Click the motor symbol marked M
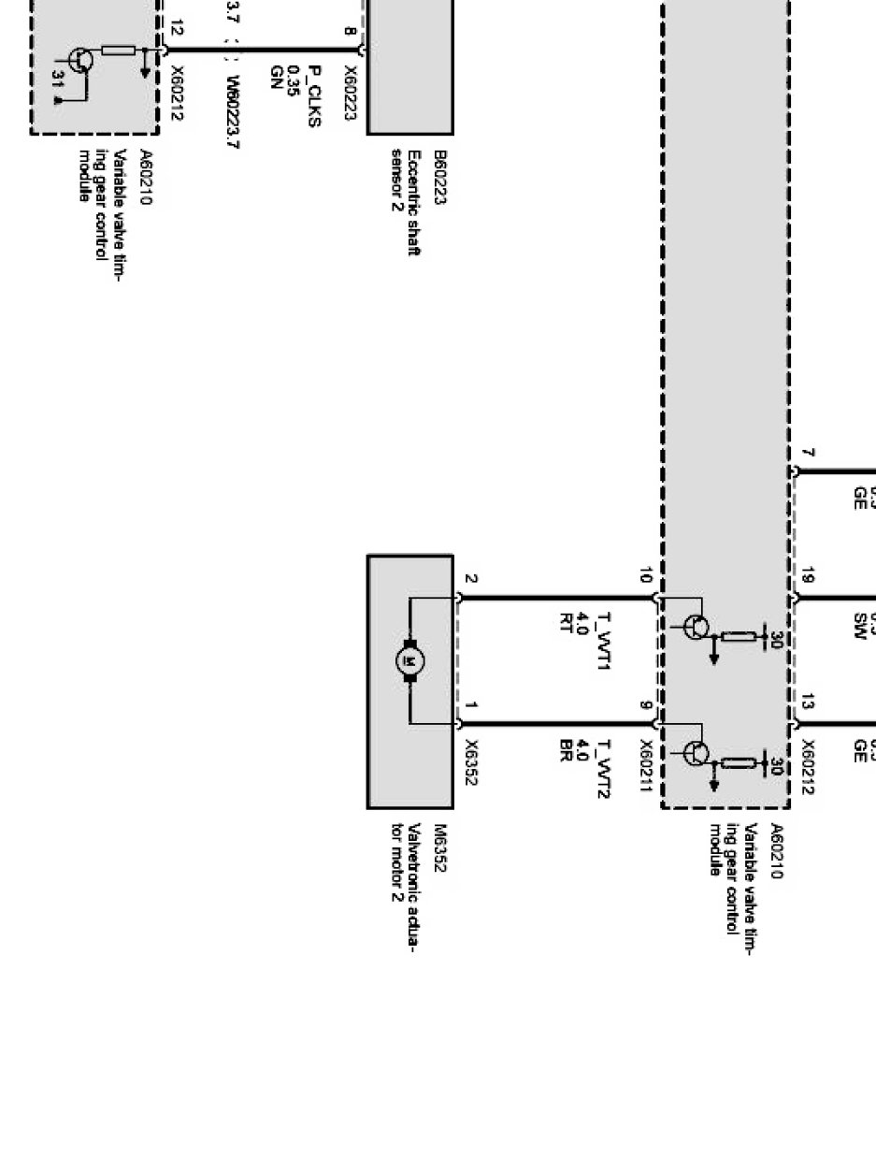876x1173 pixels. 409,661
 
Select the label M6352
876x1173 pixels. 440,847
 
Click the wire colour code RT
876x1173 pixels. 566,623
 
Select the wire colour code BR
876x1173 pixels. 566,751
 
